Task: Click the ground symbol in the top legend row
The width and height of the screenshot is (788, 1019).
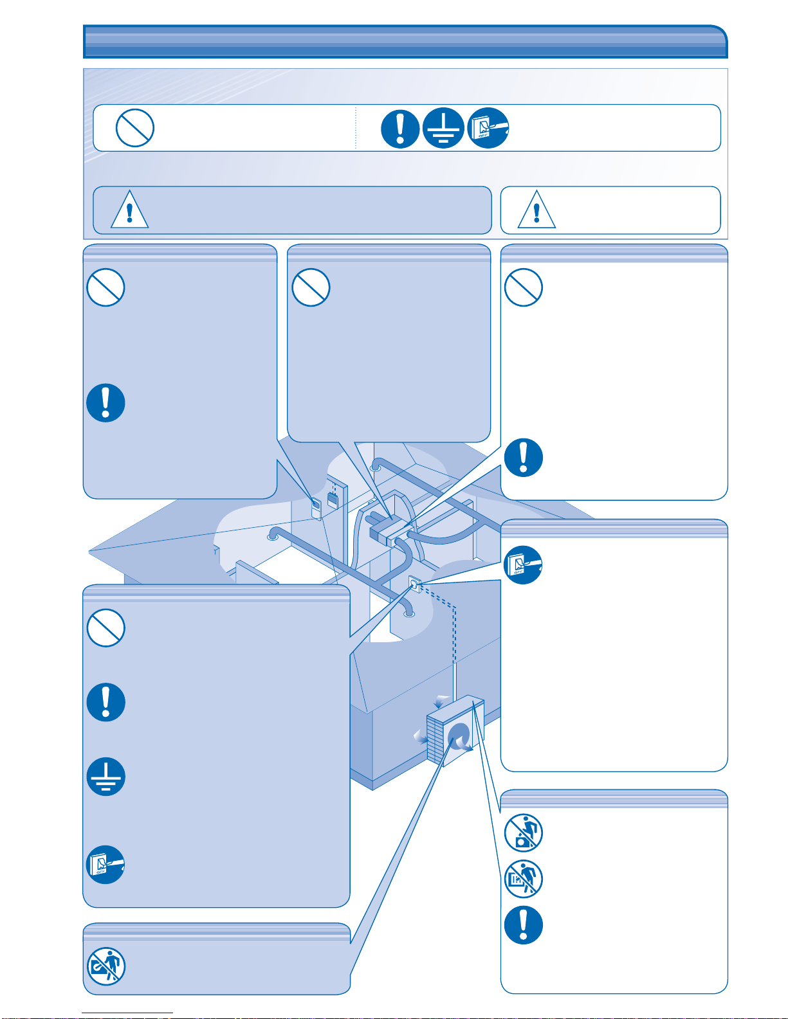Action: pos(443,128)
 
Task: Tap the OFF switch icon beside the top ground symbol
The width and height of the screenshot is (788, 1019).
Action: pos(488,128)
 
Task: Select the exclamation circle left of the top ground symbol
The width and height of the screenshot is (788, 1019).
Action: pos(399,128)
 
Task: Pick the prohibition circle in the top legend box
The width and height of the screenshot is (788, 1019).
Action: pos(134,128)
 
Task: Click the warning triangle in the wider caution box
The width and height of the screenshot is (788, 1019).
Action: pos(130,210)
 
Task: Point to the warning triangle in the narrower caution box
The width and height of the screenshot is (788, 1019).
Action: pos(536,210)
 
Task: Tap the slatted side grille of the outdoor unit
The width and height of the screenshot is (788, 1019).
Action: pos(435,739)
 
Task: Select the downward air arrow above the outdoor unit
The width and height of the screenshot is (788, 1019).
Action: pos(443,700)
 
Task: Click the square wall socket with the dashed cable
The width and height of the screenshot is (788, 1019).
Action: pos(415,584)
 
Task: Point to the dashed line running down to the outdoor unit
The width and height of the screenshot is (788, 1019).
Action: pos(454,636)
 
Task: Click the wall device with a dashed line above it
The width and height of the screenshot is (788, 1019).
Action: pos(333,499)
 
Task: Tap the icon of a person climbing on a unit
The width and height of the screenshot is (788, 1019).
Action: pos(524,833)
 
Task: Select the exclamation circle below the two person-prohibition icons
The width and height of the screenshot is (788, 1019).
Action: pos(524,925)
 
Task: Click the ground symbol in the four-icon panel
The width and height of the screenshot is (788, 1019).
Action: pos(105,777)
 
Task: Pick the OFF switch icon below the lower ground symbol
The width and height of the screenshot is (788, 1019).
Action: pos(105,865)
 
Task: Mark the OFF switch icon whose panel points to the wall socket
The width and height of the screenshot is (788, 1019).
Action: pos(523,565)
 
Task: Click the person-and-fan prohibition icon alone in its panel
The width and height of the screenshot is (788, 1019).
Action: pos(106,966)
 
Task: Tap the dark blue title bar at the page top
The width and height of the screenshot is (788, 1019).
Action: pos(405,42)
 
